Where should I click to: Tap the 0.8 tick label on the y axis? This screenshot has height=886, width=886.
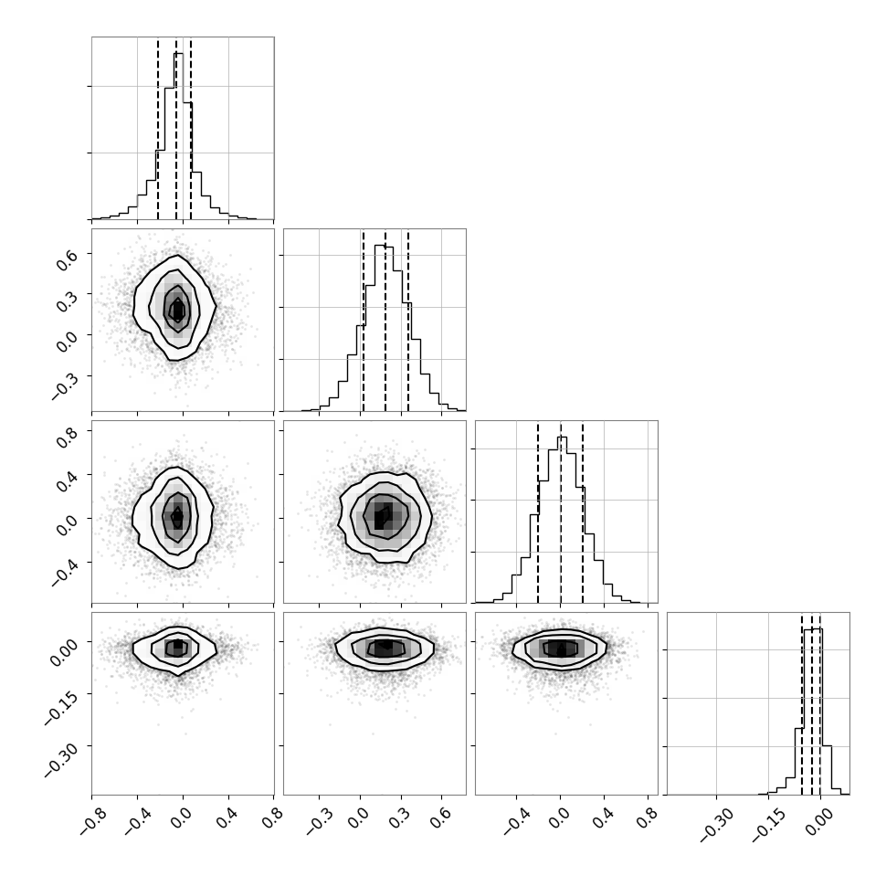point(67,436)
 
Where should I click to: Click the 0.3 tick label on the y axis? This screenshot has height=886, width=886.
point(67,299)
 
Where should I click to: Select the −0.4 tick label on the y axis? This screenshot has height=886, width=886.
point(64,568)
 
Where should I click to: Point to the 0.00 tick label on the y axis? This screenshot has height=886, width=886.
point(63,651)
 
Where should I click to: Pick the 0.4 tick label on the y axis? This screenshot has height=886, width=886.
point(67,480)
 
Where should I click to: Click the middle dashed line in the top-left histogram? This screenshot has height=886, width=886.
point(175,128)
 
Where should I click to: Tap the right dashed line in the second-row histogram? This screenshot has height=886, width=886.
point(408,321)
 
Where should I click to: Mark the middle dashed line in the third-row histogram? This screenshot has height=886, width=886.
point(561,512)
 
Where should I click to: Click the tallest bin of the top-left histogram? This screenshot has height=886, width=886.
point(178,135)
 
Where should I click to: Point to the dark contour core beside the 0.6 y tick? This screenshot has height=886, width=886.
point(178,310)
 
